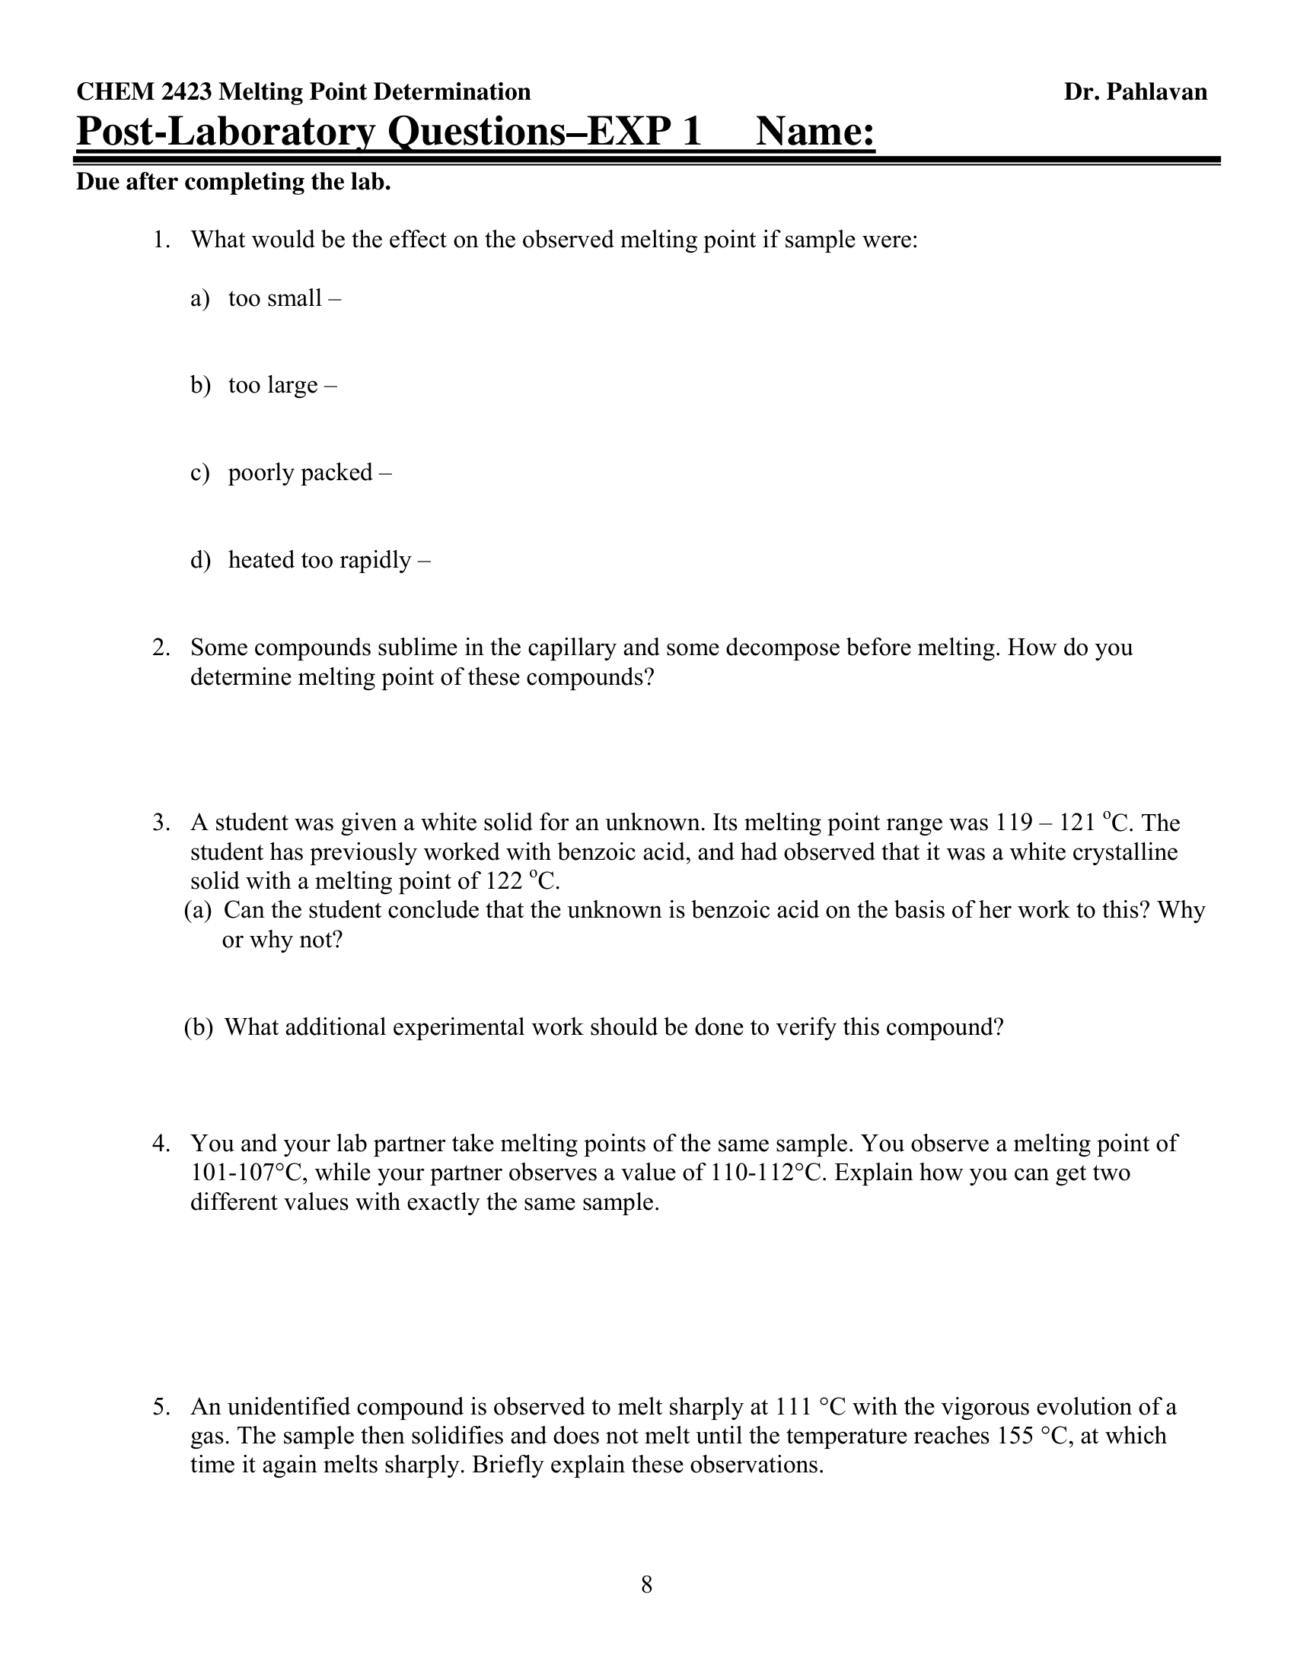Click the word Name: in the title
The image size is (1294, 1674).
[x=815, y=131]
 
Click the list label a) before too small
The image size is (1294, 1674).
[x=199, y=298]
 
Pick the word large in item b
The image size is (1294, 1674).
[x=292, y=385]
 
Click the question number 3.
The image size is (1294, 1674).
[x=160, y=823]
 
